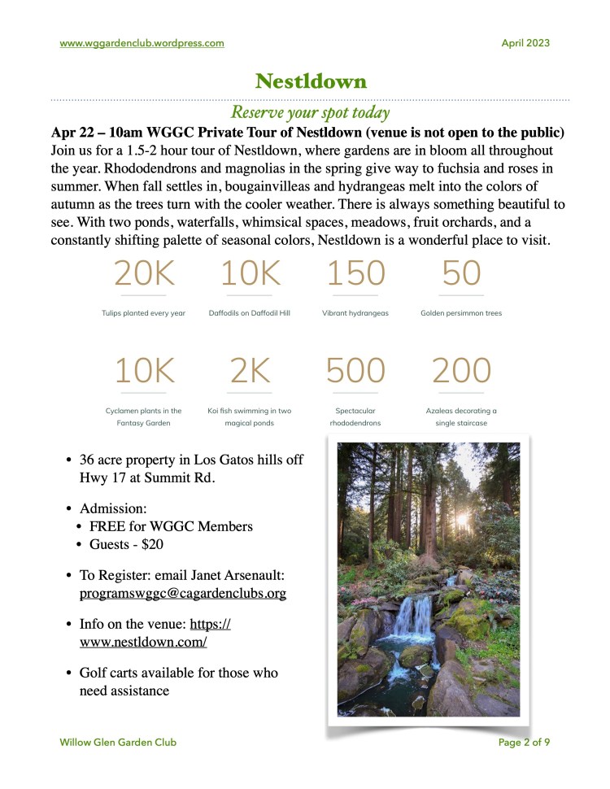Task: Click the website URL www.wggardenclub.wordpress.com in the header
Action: (x=142, y=43)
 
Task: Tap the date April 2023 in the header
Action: (x=525, y=43)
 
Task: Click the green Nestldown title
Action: (x=311, y=81)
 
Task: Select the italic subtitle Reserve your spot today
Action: (x=310, y=112)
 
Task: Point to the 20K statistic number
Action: (x=144, y=274)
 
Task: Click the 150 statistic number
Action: (x=355, y=274)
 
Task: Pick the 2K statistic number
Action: (x=250, y=371)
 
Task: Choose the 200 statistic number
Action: (x=461, y=371)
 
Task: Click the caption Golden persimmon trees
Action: (x=461, y=313)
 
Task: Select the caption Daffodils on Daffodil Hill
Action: (x=250, y=313)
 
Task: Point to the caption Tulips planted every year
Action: (x=144, y=313)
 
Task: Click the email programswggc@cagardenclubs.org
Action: (x=183, y=594)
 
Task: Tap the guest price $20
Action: (x=158, y=544)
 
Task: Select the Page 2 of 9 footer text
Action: (x=524, y=742)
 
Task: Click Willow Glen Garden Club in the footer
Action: (x=118, y=742)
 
